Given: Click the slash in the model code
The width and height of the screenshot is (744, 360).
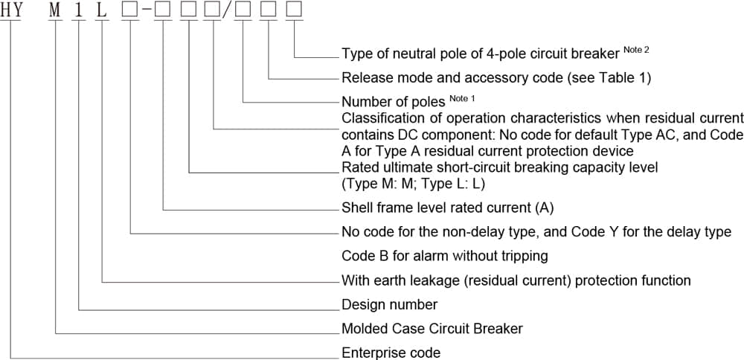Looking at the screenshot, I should (228, 10).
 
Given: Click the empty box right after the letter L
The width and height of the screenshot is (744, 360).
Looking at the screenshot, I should (131, 10).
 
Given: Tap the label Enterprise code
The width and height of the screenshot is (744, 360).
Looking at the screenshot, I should (391, 353).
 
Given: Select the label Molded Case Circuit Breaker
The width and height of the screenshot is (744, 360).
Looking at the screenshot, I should (432, 329).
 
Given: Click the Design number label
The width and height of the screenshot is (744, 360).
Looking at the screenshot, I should (389, 305).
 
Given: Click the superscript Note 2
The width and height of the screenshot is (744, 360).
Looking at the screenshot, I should (638, 50).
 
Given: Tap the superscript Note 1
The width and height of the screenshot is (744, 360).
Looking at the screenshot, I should (462, 98).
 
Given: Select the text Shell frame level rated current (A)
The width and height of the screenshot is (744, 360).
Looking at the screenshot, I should (447, 208).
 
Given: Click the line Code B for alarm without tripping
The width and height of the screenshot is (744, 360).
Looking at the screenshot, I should (444, 256).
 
